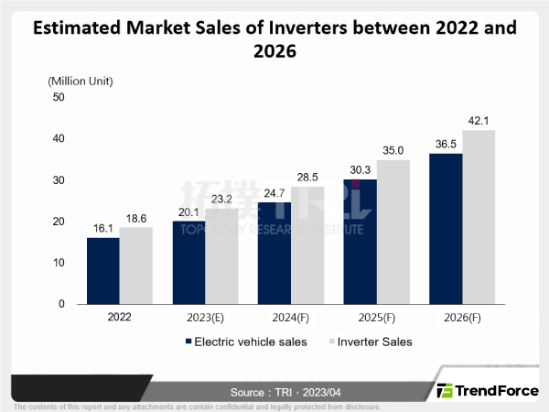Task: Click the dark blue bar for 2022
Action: tap(102, 270)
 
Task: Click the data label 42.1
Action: tap(479, 119)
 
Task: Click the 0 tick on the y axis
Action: tap(60, 304)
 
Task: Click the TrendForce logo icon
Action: tap(446, 390)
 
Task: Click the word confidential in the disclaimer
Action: tap(222, 406)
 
